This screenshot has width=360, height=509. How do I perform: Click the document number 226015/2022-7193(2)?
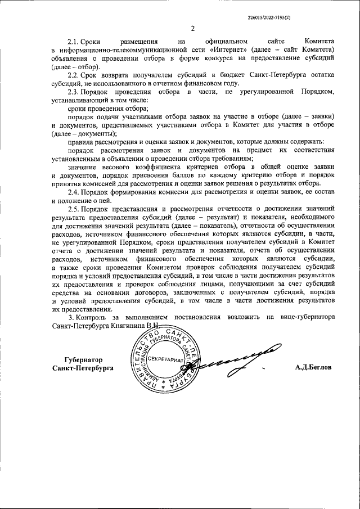coord(269,18)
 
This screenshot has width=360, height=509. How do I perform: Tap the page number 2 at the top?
coord(193,29)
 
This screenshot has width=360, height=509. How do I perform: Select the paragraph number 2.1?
coord(73,42)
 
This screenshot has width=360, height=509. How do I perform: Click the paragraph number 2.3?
coord(73,91)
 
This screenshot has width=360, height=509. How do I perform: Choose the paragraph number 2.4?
coord(73,192)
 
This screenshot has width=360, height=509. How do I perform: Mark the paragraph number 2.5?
coord(73,209)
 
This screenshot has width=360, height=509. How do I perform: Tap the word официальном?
coord(226,42)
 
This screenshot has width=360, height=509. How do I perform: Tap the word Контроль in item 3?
coord(94,317)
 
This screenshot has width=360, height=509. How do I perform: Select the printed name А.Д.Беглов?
coord(313,367)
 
